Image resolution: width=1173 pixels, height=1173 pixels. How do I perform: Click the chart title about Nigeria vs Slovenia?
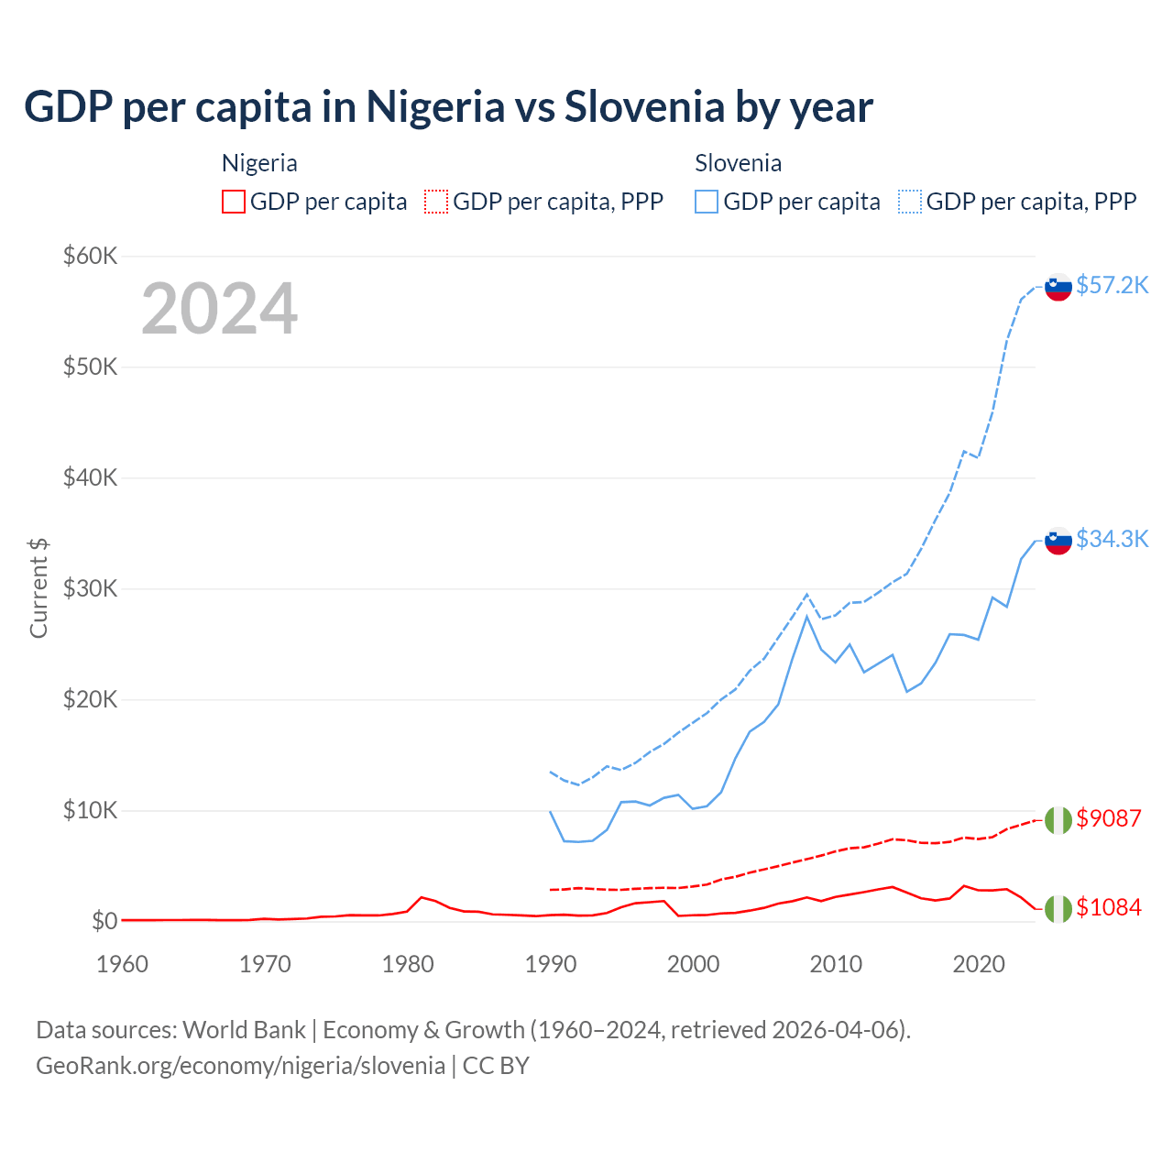tap(448, 107)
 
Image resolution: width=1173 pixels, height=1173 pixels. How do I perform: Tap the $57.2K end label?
tap(1112, 286)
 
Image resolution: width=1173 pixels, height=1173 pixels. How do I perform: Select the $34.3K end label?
tap(1112, 539)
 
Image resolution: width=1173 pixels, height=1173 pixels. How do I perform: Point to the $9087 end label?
tap(1108, 818)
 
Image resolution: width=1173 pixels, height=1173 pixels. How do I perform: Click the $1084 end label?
tap(1108, 907)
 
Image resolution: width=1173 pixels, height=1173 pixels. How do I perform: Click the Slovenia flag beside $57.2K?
tap(1058, 287)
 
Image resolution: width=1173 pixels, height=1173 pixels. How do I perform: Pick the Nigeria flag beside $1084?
tap(1058, 908)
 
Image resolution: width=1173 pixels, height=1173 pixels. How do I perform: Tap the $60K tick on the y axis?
tap(90, 256)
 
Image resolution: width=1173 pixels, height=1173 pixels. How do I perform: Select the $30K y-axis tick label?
tap(90, 588)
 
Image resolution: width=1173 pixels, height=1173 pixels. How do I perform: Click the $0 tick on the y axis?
tap(104, 921)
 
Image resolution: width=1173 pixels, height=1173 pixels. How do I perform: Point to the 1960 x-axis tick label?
tap(122, 964)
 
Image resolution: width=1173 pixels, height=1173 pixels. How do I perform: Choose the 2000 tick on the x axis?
tap(693, 964)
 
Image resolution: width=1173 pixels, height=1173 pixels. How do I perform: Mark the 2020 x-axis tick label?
tap(979, 964)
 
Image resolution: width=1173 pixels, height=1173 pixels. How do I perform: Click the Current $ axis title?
tap(38, 588)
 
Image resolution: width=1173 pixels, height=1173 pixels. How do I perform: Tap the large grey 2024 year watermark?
tap(219, 309)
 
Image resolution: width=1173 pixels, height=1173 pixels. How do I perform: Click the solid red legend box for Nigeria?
tap(234, 202)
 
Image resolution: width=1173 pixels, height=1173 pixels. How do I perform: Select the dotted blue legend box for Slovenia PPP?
tap(910, 202)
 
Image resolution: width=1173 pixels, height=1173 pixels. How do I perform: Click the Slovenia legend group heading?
tap(738, 163)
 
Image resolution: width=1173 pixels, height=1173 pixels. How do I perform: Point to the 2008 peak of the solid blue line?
tap(806, 616)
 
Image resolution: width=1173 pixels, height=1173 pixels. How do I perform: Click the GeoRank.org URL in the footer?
tap(240, 1066)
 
